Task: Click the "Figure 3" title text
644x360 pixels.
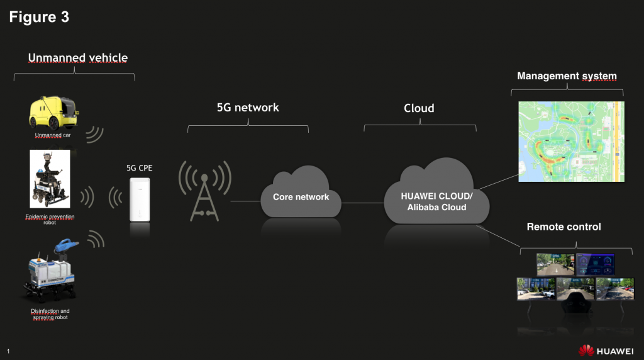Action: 39,17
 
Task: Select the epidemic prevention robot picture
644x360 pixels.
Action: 50,179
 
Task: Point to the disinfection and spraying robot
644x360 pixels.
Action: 51,271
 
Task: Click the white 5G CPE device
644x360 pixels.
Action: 140,200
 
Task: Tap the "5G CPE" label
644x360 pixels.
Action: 139,168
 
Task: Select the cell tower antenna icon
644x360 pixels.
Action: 204,191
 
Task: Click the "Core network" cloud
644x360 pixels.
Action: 301,193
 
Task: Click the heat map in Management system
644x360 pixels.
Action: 571,142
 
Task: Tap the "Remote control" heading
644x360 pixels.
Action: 563,227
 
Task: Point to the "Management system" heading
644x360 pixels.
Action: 567,76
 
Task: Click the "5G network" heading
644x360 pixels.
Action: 248,108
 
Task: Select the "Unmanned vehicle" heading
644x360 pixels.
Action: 77,58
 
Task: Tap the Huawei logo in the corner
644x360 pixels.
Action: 606,351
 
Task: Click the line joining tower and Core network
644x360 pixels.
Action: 246,201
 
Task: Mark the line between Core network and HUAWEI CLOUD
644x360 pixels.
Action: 363,203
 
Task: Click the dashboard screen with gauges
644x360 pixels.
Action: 595,264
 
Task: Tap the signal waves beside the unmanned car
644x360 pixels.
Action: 96,134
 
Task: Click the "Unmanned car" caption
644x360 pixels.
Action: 53,135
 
